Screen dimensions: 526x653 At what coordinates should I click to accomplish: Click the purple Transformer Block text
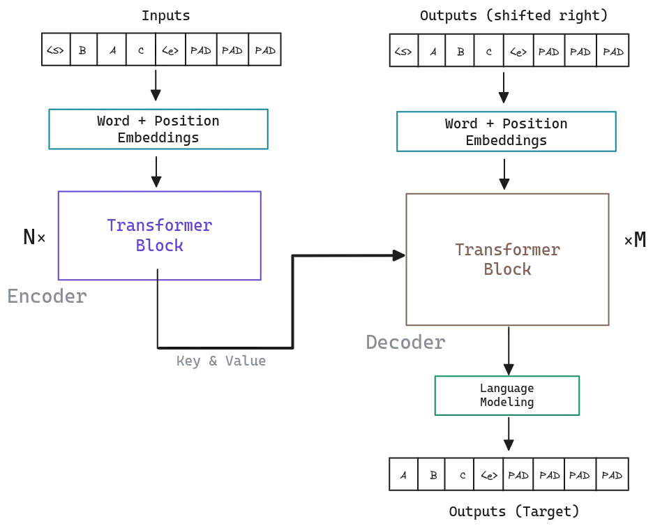(x=159, y=236)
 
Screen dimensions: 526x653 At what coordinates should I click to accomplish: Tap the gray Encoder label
(x=47, y=296)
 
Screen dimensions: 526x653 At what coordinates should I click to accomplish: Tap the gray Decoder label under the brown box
(x=403, y=343)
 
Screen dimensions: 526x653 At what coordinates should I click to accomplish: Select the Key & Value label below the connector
(x=220, y=362)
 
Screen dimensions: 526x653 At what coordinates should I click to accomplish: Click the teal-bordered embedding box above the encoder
(x=158, y=129)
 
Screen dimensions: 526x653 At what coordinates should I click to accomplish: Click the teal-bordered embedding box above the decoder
(x=506, y=130)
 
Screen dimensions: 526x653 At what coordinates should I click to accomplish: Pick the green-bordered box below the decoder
(x=506, y=396)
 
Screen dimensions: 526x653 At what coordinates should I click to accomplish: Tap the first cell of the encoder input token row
(x=54, y=50)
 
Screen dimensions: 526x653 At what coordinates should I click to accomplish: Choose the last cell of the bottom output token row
(x=612, y=473)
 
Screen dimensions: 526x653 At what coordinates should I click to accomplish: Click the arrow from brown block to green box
(x=512, y=352)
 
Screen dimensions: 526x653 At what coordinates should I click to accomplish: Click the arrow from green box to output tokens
(x=512, y=434)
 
